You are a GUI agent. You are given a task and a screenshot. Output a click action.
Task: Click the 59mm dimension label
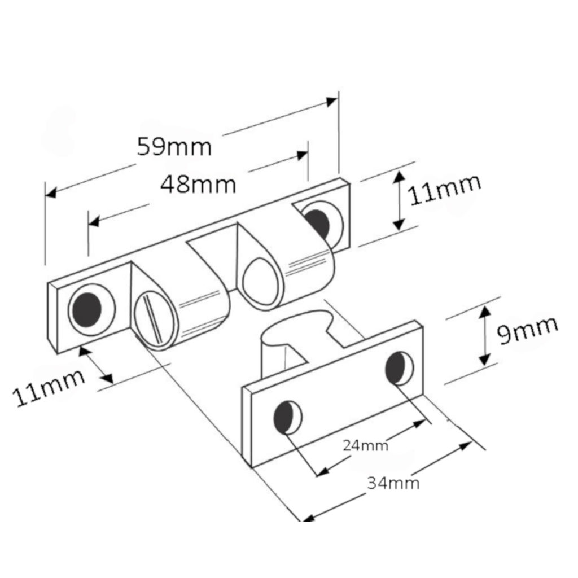click(x=174, y=147)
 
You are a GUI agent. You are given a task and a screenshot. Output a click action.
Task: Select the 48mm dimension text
click(x=198, y=185)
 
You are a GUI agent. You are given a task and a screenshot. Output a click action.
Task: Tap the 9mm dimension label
click(x=528, y=330)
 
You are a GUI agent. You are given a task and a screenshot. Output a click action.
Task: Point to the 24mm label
click(x=365, y=446)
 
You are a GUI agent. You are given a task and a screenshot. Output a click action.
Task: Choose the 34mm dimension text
click(x=393, y=483)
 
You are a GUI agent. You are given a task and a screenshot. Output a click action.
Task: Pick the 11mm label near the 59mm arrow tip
click(x=445, y=189)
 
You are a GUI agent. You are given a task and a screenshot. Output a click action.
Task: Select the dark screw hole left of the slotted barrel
click(x=87, y=310)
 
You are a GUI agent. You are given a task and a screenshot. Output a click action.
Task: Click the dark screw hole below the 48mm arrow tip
click(x=317, y=224)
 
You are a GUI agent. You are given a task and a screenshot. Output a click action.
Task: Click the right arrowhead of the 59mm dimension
click(x=332, y=102)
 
